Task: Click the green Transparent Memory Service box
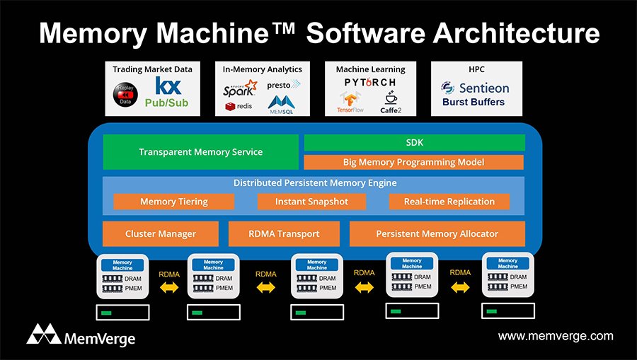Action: click(200, 152)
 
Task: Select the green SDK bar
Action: click(414, 142)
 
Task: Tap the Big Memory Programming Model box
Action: click(414, 162)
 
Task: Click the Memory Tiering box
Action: click(174, 202)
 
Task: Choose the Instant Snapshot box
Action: click(311, 202)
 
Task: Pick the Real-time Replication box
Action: click(449, 202)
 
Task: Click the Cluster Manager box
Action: click(161, 233)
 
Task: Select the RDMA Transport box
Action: click(284, 233)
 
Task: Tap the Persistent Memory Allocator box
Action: click(437, 233)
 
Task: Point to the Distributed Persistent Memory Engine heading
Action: click(315, 183)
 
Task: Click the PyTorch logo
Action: click(370, 83)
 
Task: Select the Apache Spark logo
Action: click(239, 89)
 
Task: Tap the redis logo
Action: click(240, 107)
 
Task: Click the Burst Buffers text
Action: click(473, 102)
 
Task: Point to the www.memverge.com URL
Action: click(556, 336)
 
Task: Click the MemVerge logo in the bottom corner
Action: click(81, 335)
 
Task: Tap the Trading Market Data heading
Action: click(152, 69)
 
